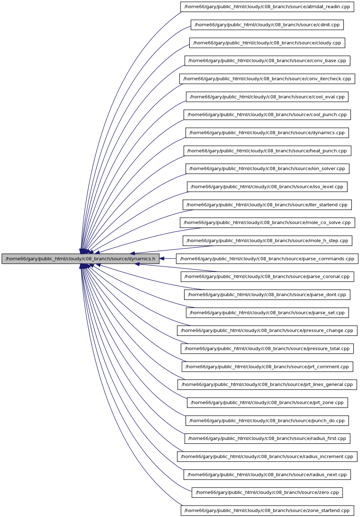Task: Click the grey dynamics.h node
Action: [x=80, y=259]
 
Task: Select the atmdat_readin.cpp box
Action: [x=267, y=7]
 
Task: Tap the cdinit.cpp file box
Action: [x=267, y=25]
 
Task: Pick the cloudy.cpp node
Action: [x=267, y=43]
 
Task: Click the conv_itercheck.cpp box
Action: [x=267, y=79]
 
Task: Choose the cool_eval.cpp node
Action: [x=267, y=97]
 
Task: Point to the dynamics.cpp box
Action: [x=267, y=133]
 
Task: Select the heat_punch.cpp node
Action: [x=267, y=151]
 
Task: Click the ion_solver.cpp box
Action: [x=267, y=169]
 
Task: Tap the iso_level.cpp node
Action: [x=267, y=187]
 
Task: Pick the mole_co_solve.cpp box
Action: [x=267, y=223]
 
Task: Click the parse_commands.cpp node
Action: [x=267, y=259]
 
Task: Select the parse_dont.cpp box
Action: [x=267, y=295]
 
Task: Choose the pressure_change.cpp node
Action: [x=267, y=331]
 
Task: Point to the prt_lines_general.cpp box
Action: [x=267, y=385]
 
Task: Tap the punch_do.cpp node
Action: [x=267, y=421]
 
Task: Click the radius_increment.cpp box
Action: [x=267, y=457]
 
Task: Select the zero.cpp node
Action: [x=267, y=492]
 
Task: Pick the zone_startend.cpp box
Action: [x=267, y=511]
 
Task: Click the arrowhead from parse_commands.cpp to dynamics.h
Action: [x=162, y=259]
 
